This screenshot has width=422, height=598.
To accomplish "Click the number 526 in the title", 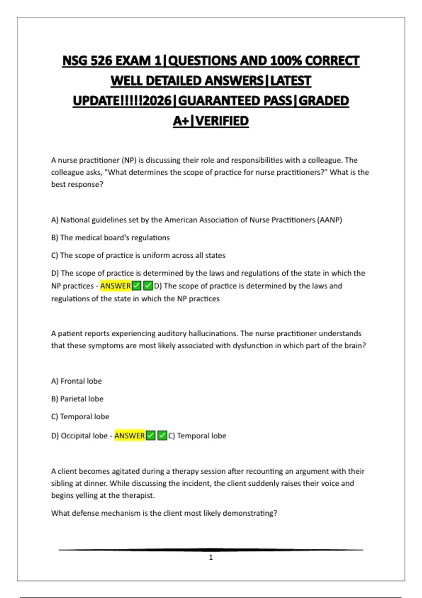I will (x=101, y=61).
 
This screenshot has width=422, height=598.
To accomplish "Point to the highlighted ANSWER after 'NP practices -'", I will (x=115, y=286).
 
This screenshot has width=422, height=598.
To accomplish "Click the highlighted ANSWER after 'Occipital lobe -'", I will (x=129, y=435).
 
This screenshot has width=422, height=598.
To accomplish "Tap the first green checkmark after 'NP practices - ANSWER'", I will (x=137, y=286).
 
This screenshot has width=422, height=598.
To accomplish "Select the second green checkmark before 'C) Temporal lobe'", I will (x=162, y=435).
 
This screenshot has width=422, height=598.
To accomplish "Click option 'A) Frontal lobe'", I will (x=76, y=381).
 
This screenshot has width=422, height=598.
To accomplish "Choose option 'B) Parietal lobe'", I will (x=77, y=399).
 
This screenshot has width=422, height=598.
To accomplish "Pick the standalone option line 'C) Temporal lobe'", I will (x=80, y=416).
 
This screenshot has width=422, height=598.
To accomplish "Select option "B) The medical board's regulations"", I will (x=110, y=238).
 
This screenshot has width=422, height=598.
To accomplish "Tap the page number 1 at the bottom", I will (x=211, y=557).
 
